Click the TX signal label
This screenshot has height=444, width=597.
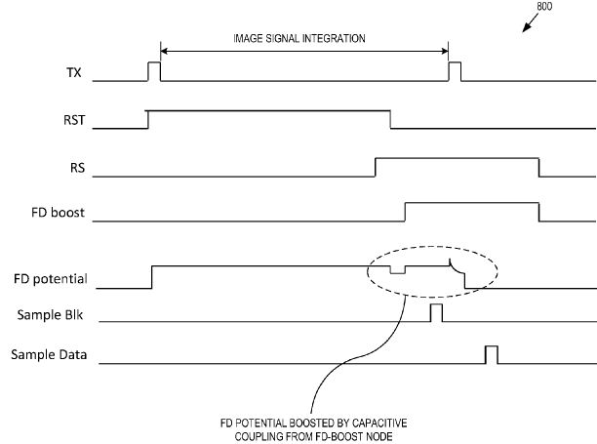(74, 72)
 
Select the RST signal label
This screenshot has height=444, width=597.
(74, 120)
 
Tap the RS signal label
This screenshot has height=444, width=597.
(78, 168)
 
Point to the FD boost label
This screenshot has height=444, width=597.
(58, 212)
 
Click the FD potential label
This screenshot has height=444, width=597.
(51, 279)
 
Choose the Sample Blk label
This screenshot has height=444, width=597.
(50, 315)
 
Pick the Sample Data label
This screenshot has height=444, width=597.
(49, 354)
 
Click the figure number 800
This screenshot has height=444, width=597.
(544, 6)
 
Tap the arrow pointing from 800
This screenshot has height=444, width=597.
(530, 22)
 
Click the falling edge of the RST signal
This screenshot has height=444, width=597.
(390, 120)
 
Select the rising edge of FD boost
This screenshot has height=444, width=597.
(405, 212)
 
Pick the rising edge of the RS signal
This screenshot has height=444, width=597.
(376, 167)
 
